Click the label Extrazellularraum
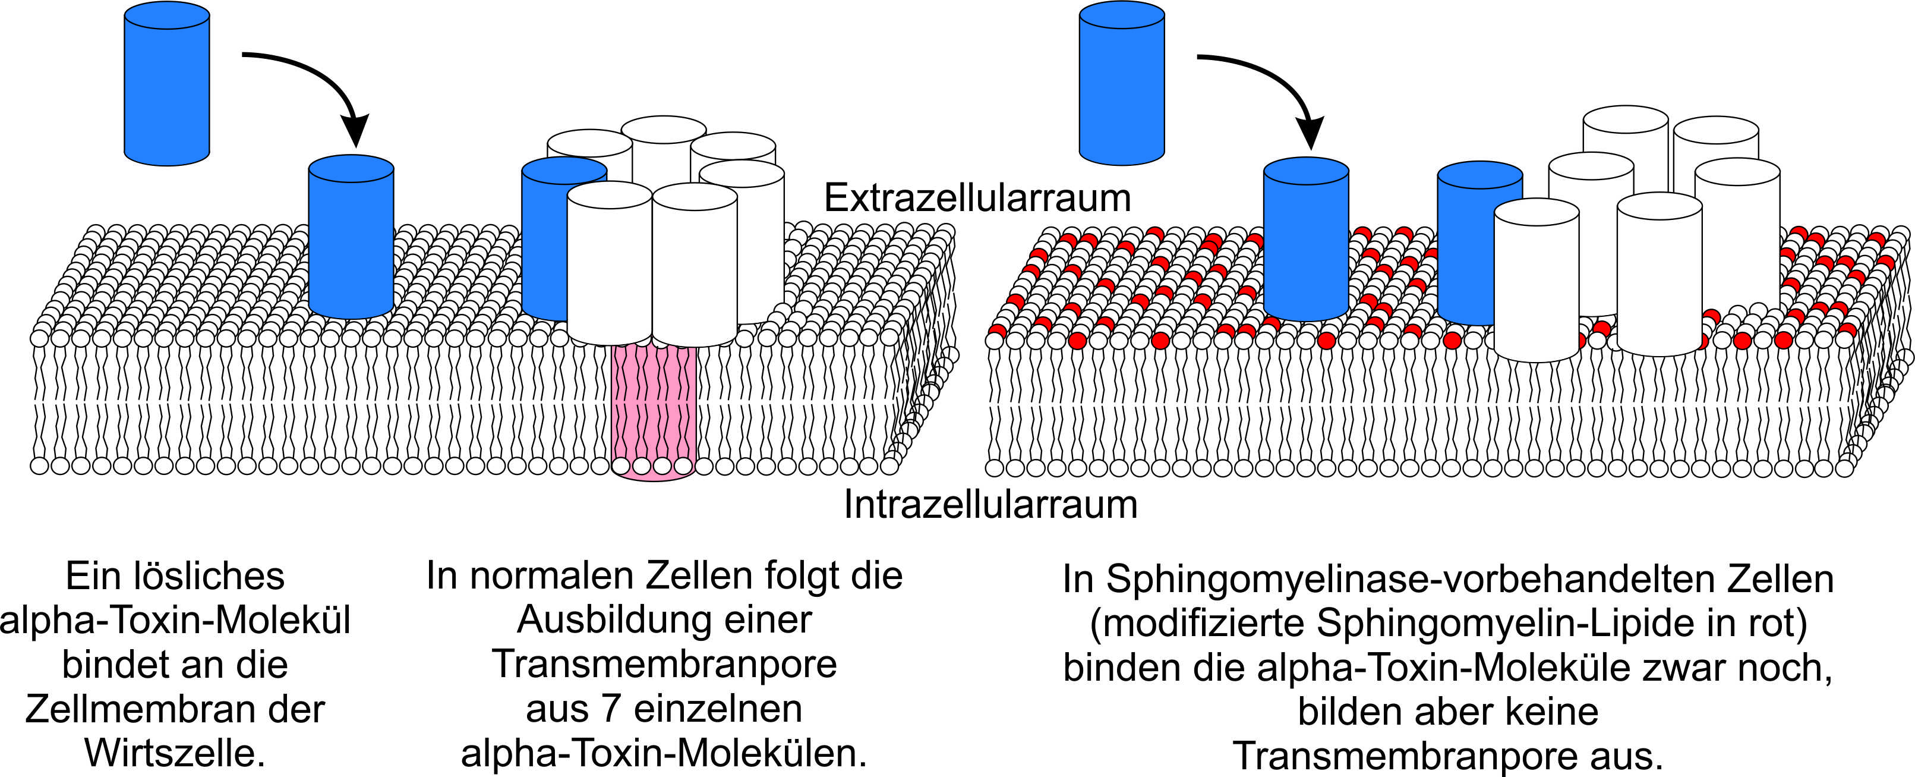977,198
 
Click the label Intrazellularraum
990,504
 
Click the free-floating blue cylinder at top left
166,83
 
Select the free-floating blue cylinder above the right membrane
1121,83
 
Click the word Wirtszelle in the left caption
175,753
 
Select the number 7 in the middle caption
611,709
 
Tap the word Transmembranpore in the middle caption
664,664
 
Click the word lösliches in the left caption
209,576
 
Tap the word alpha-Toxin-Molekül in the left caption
175,620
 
